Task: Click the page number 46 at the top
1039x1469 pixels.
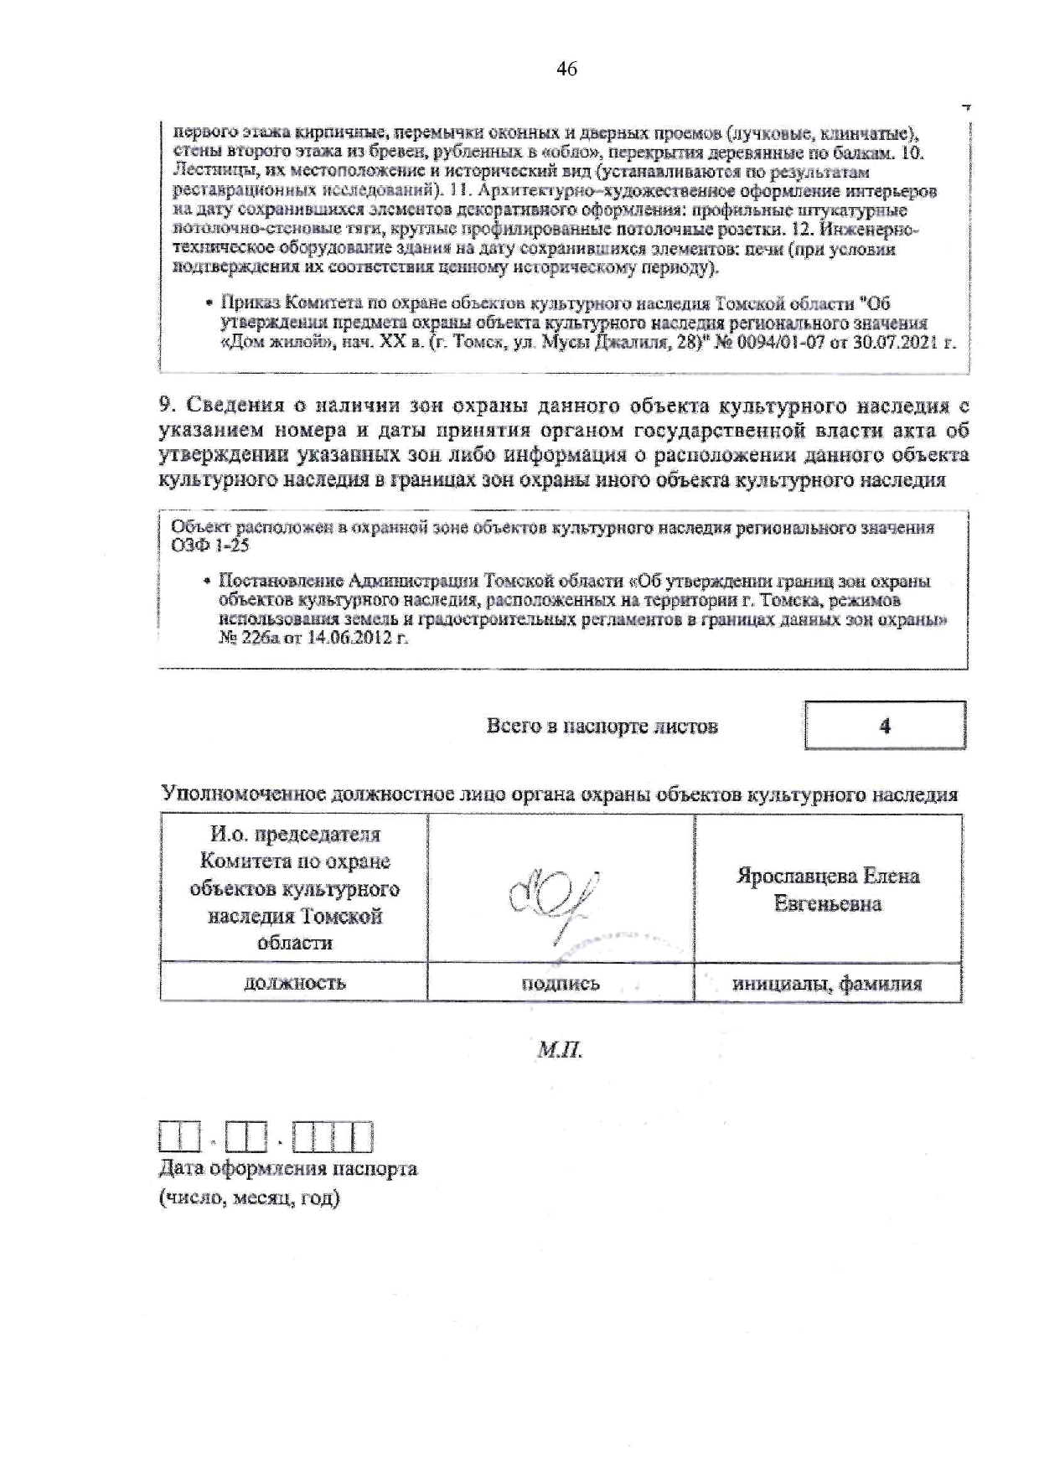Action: (566, 70)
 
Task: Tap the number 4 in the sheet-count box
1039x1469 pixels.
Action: (885, 726)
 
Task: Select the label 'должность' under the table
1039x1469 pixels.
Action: (294, 983)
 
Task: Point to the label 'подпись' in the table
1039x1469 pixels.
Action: (561, 983)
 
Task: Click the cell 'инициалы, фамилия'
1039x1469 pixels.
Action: (827, 984)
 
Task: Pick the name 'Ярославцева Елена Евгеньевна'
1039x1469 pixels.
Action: (828, 890)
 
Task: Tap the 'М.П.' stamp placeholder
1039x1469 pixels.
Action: (560, 1050)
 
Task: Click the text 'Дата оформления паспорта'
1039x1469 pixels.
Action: (288, 1169)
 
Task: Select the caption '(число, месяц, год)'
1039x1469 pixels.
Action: (250, 1197)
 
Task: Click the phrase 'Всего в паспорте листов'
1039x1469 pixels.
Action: (602, 727)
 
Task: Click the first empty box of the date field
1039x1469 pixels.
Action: (169, 1137)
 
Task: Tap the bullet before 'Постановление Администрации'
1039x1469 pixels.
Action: (206, 582)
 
